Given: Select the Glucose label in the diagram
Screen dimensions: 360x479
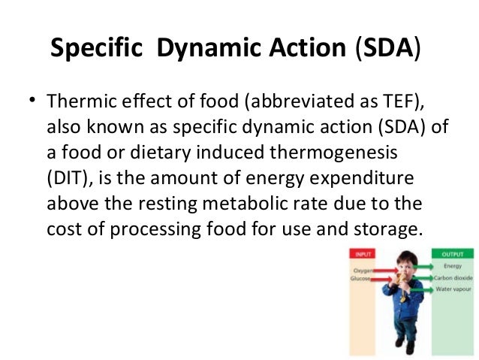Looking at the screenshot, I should [x=361, y=279].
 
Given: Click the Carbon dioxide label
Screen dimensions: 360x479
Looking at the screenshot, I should [x=450, y=278].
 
